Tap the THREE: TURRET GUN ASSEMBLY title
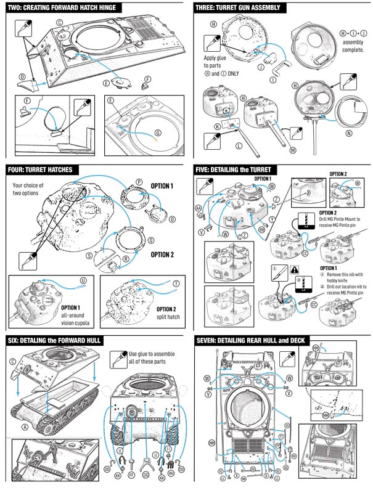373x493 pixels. click(238, 8)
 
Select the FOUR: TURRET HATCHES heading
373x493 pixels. click(49, 169)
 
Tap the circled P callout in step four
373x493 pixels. click(139, 182)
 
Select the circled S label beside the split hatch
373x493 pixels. click(89, 255)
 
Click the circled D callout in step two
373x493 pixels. click(22, 76)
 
